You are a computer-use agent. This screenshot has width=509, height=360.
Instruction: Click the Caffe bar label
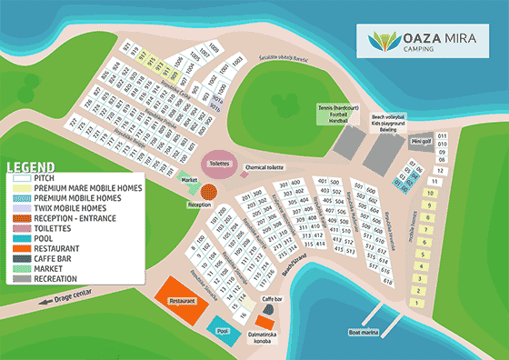coord(273,299)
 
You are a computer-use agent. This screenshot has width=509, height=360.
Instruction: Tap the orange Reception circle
coord(210,192)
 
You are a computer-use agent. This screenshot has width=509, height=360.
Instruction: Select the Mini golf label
coord(420,141)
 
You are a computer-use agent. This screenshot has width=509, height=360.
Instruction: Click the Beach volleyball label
coord(388,116)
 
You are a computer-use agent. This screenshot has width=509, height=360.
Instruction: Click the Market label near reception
coord(189,180)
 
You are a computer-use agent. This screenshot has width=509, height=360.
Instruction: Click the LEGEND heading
coord(28,167)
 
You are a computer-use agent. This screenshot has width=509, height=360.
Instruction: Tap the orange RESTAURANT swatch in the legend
coord(20,246)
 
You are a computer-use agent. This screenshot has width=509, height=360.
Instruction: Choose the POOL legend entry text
coord(43,236)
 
